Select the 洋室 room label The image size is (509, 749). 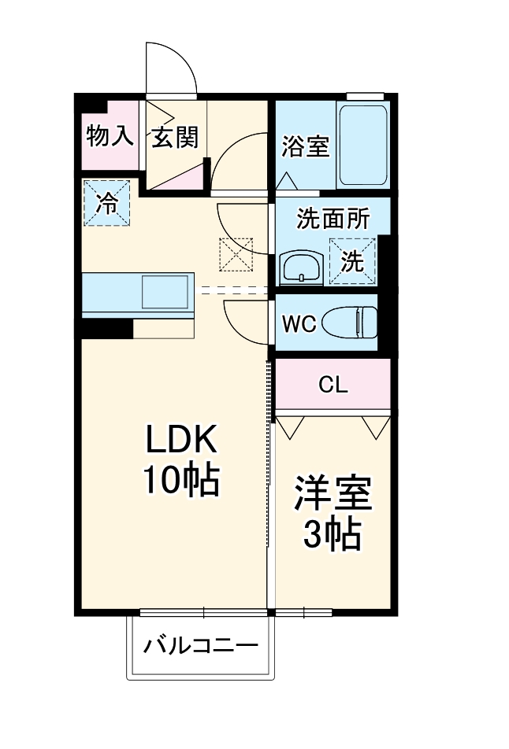(332, 495)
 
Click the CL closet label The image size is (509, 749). (333, 385)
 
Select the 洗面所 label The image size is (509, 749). (333, 219)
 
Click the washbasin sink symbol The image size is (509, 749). (300, 267)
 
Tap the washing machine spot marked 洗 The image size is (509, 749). (352, 260)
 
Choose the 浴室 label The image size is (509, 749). (306, 146)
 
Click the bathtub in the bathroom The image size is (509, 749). (362, 144)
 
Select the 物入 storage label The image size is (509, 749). (109, 136)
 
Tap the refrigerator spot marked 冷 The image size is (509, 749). (106, 203)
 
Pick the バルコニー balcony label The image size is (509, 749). (201, 647)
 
